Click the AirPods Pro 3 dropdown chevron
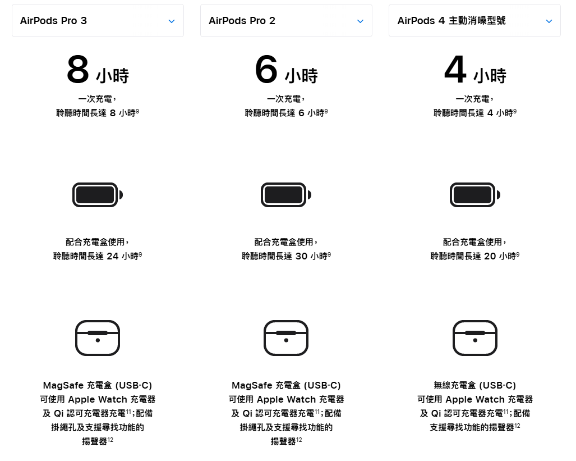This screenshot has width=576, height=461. tap(172, 21)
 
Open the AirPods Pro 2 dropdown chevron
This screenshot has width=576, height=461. tap(360, 21)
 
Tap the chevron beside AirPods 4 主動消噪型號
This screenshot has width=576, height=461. tap(549, 21)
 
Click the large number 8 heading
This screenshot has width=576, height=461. tap(78, 70)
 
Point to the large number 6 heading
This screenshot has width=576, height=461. tap(266, 70)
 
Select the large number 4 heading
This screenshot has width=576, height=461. tap(455, 70)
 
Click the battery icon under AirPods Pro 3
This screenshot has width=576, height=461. tap(97, 195)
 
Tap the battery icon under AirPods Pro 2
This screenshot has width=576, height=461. tap(285, 195)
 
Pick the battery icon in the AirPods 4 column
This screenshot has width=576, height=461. tap(474, 195)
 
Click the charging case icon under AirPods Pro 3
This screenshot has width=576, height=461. tap(98, 338)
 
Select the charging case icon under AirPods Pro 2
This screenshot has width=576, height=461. tap(286, 338)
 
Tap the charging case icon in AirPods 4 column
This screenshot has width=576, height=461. tap(475, 338)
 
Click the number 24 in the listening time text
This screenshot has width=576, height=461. tap(112, 256)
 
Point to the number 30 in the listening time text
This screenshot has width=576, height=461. tap(301, 256)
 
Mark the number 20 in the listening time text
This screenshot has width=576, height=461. tap(490, 256)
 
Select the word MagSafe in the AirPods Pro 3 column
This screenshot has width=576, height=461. tap(63, 385)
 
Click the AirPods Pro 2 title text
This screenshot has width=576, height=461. tap(242, 21)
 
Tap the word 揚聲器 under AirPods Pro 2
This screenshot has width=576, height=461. tap(283, 441)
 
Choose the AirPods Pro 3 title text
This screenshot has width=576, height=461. tap(53, 21)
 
